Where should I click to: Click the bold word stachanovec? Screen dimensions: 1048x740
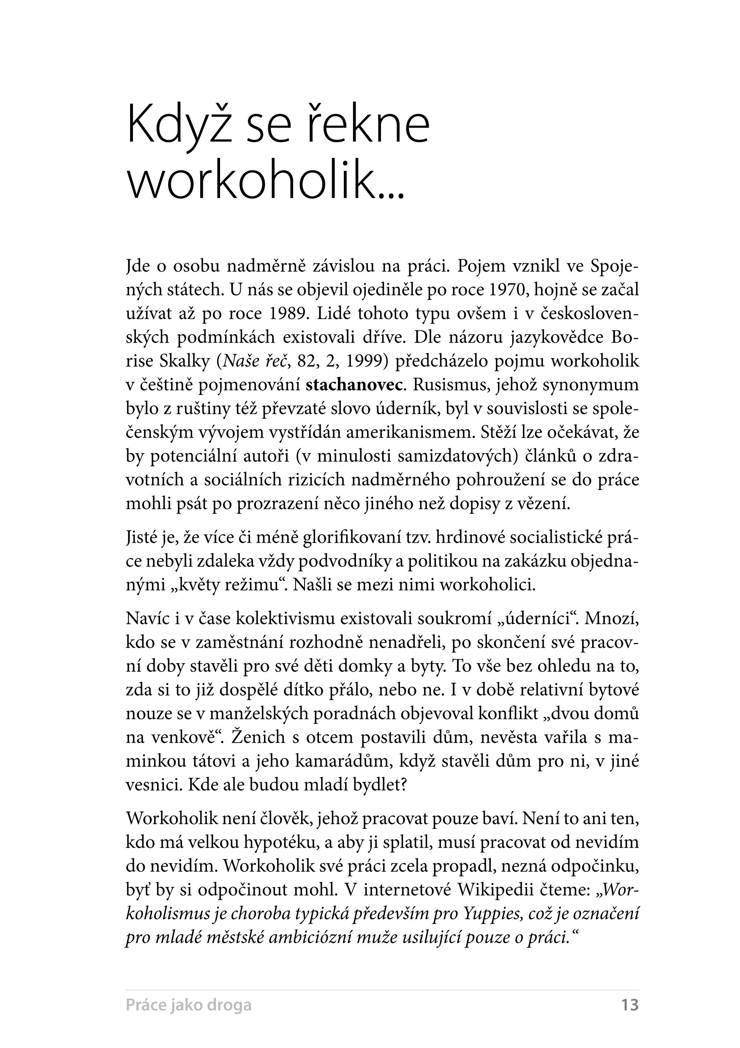[354, 385]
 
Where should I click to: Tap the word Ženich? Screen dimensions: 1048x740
[259, 737]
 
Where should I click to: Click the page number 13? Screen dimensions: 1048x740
[629, 1004]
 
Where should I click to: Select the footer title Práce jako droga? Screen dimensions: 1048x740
[188, 1005]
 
